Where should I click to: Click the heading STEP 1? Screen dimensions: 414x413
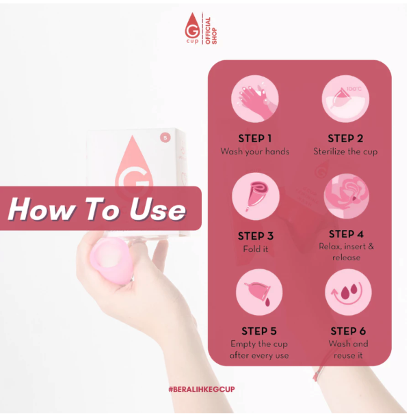pos(255,138)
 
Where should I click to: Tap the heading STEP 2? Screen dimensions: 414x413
pos(346,138)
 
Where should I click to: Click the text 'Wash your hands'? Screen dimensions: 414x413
pos(255,151)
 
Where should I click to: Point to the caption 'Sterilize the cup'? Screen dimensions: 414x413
pos(346,151)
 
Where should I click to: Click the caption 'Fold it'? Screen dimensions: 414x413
pos(255,249)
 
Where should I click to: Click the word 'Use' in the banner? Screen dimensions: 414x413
pos(155,209)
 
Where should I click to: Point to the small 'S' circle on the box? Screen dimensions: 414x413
pos(164,137)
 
